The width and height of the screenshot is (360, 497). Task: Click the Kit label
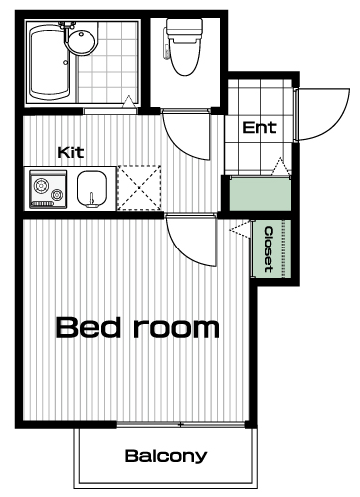[x=71, y=152]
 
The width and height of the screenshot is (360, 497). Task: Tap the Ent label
[x=260, y=127]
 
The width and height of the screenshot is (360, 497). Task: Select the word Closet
[x=269, y=249]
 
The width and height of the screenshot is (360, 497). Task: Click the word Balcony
[x=166, y=456]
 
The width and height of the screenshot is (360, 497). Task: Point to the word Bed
[x=89, y=327]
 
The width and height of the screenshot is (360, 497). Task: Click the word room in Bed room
[x=176, y=328]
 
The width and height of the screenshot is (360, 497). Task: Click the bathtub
[x=50, y=63]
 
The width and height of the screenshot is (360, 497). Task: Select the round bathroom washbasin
[x=82, y=41]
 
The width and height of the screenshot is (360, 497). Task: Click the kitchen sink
[x=92, y=189]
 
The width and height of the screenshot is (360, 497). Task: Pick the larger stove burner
[x=41, y=186]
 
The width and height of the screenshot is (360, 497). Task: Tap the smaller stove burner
[x=57, y=195]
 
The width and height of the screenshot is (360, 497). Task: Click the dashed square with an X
[x=139, y=188]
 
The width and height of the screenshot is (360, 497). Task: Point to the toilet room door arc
[x=179, y=145]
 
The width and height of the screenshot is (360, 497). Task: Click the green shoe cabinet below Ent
[x=261, y=194]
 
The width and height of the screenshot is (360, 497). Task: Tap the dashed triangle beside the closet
[x=240, y=228]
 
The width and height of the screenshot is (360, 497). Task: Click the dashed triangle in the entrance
[x=280, y=166]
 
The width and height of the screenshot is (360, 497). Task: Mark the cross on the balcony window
[x=180, y=425]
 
